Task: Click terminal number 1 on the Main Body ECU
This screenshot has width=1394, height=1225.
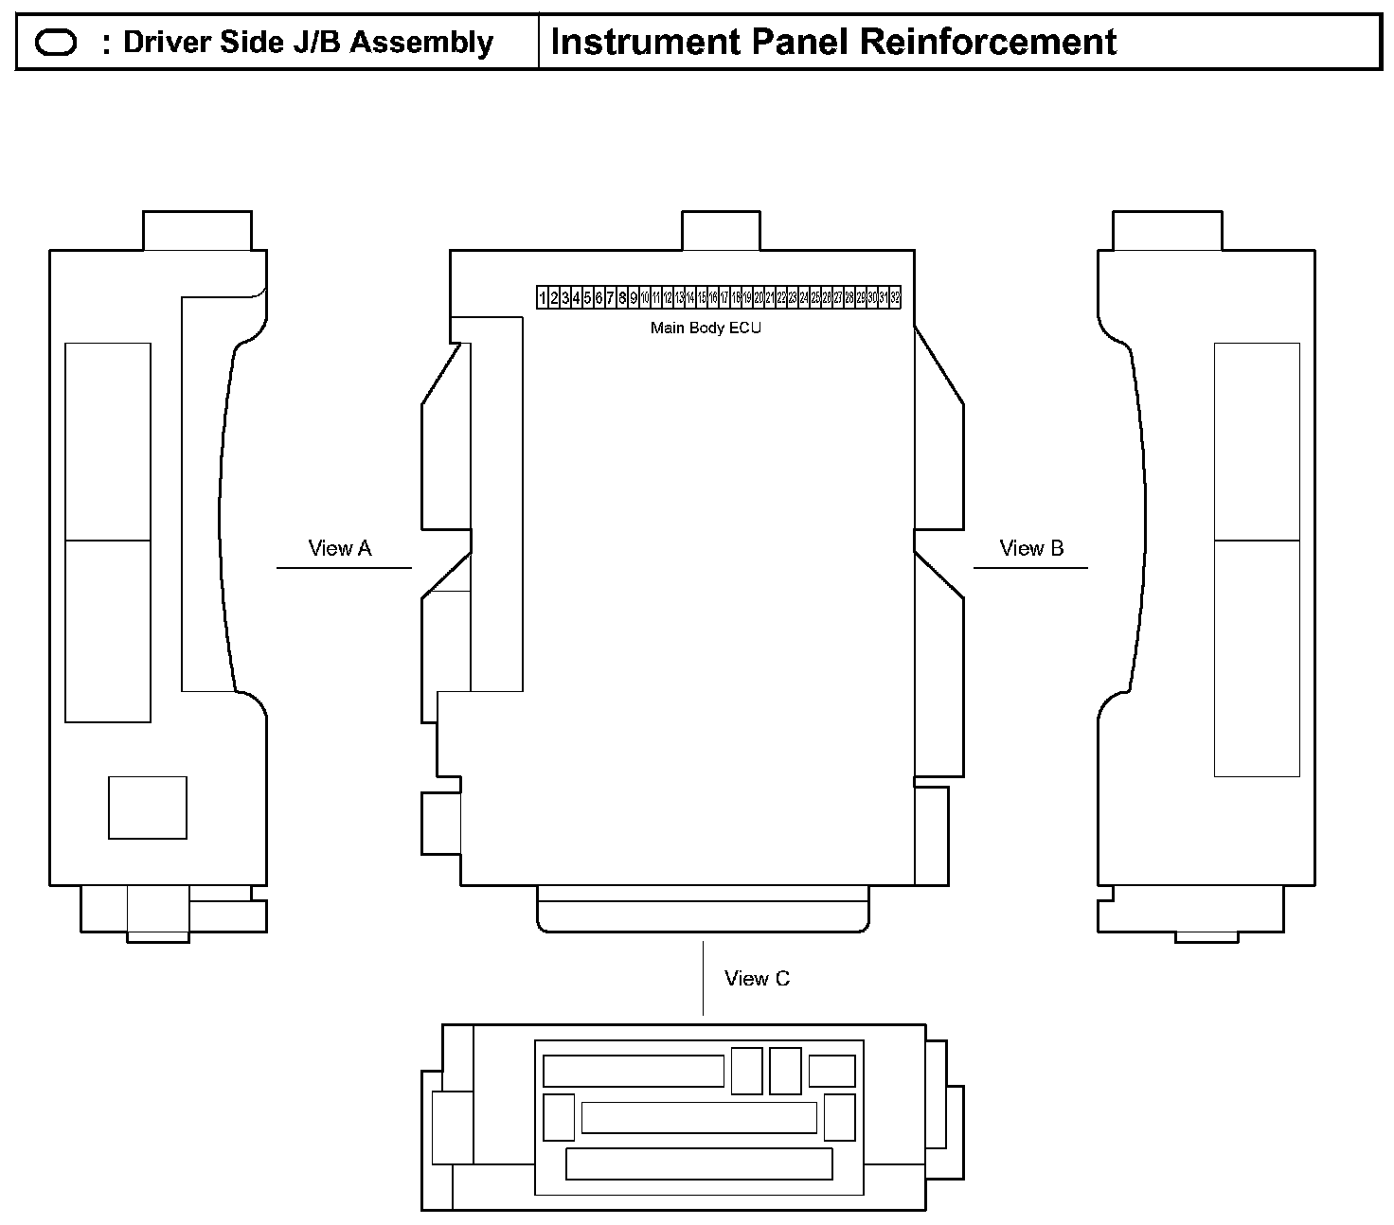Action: (x=543, y=297)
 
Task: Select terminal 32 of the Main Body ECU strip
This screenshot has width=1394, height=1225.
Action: (x=895, y=297)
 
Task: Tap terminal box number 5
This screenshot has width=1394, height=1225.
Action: (x=588, y=297)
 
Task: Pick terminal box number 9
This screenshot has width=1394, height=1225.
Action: (x=634, y=297)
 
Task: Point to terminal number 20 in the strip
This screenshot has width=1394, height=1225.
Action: (x=759, y=297)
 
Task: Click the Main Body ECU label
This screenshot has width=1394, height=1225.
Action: (x=706, y=328)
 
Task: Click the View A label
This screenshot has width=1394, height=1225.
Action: (x=340, y=548)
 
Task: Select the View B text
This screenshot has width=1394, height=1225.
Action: (x=1031, y=548)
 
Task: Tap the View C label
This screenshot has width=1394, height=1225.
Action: (x=757, y=979)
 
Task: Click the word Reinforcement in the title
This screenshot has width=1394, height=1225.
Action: (x=989, y=43)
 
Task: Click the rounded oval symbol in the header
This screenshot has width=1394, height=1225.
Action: (x=56, y=43)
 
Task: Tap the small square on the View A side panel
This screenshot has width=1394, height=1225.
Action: (x=148, y=808)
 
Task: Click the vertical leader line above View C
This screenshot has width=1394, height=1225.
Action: (x=703, y=978)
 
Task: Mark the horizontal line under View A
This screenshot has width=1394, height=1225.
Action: (x=344, y=568)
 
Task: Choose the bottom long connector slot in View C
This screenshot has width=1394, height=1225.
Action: (x=699, y=1163)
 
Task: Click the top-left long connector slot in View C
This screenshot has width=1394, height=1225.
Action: (x=633, y=1071)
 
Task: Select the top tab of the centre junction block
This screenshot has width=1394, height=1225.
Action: (x=721, y=231)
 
